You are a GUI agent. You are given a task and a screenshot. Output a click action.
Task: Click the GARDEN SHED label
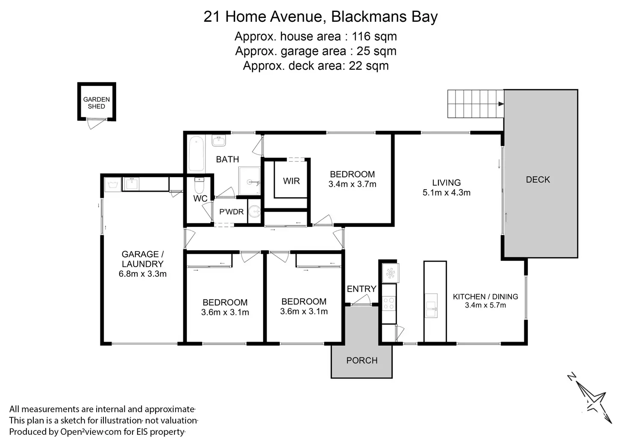[x=96, y=103]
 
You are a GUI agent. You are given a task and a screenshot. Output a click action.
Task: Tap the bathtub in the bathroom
[x=196, y=154]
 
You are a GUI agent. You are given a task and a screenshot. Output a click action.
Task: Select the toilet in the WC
[x=200, y=185]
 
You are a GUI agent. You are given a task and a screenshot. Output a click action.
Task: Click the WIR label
[x=291, y=181]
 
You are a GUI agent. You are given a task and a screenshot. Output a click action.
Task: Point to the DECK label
[x=538, y=180]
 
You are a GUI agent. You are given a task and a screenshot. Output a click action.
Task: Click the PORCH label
[x=362, y=360]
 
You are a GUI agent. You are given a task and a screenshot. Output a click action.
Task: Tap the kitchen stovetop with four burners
[x=389, y=304]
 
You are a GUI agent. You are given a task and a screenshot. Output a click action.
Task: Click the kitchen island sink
[x=431, y=305]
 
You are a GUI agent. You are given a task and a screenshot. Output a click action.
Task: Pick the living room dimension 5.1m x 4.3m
[x=447, y=193]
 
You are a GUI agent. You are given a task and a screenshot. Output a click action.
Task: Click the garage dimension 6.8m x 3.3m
[x=143, y=274]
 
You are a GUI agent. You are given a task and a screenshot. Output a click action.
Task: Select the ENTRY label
[x=362, y=289]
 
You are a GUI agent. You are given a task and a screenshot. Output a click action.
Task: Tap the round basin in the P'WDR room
[x=255, y=211]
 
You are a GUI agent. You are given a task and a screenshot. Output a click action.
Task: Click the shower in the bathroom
[x=250, y=181]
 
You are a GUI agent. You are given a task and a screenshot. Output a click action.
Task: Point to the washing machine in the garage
[x=113, y=184]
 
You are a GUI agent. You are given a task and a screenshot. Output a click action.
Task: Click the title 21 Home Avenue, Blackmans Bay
[x=320, y=17]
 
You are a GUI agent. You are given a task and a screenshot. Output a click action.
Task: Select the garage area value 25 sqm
[x=376, y=51]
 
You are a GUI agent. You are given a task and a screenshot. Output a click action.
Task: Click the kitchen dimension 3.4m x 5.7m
[x=485, y=305]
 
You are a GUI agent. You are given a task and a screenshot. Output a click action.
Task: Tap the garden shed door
[x=95, y=124]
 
